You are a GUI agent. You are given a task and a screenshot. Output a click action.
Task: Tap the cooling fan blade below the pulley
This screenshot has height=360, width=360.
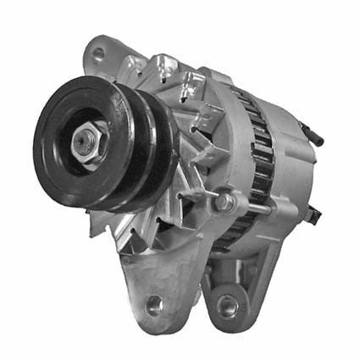coord(127,229)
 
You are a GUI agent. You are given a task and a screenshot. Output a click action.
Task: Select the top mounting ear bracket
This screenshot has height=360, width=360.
coord(106,59)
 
